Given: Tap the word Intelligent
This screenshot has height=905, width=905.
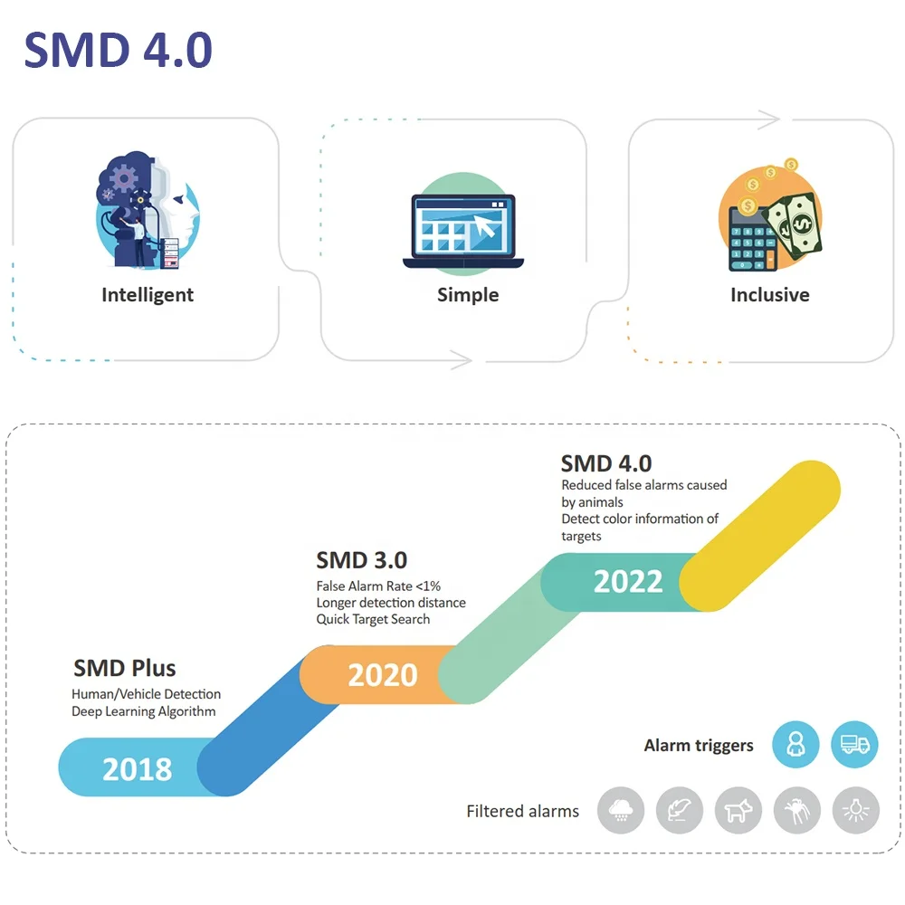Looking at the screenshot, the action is point(148,295).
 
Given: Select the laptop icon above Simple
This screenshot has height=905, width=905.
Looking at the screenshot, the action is point(463,232).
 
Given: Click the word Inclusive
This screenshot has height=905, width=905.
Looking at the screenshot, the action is point(769,295).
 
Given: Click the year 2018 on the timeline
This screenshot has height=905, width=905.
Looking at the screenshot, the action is point(137,769).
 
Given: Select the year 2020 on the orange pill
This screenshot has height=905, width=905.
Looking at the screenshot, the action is point(383,675).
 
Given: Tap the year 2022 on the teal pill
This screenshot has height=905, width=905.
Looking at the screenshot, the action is point(628,581).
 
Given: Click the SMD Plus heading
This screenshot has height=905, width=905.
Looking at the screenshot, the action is point(125,669).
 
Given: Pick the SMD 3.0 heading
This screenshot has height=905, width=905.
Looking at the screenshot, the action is point(361,560).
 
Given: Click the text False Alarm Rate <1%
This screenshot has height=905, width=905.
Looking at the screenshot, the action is point(378,586).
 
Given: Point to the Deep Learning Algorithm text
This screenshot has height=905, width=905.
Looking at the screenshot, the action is point(144,711).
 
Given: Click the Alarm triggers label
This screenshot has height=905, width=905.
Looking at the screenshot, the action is point(699,746).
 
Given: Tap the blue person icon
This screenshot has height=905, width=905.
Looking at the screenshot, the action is point(795,745).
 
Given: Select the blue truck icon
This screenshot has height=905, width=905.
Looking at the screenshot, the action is point(854,745).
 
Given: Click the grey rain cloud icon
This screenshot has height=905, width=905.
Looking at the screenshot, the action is point(621,810).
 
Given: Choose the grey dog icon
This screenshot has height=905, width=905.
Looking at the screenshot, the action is point(738,810).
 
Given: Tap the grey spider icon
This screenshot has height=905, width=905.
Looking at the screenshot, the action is point(797,810).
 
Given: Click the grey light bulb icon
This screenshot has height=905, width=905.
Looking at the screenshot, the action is point(855,810).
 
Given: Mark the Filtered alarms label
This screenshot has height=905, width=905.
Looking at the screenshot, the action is point(522,811).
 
